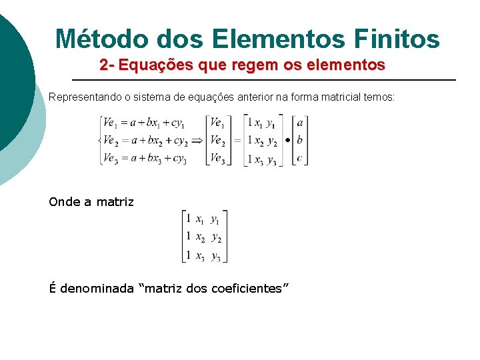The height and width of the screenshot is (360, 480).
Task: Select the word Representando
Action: [84, 97]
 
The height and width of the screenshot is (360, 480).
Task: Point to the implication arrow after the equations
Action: [197, 141]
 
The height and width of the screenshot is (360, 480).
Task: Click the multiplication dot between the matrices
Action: [287, 141]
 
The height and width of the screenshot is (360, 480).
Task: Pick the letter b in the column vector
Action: [300, 141]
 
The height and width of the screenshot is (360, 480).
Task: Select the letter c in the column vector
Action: [300, 158]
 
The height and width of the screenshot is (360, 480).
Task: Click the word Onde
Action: [62, 202]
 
